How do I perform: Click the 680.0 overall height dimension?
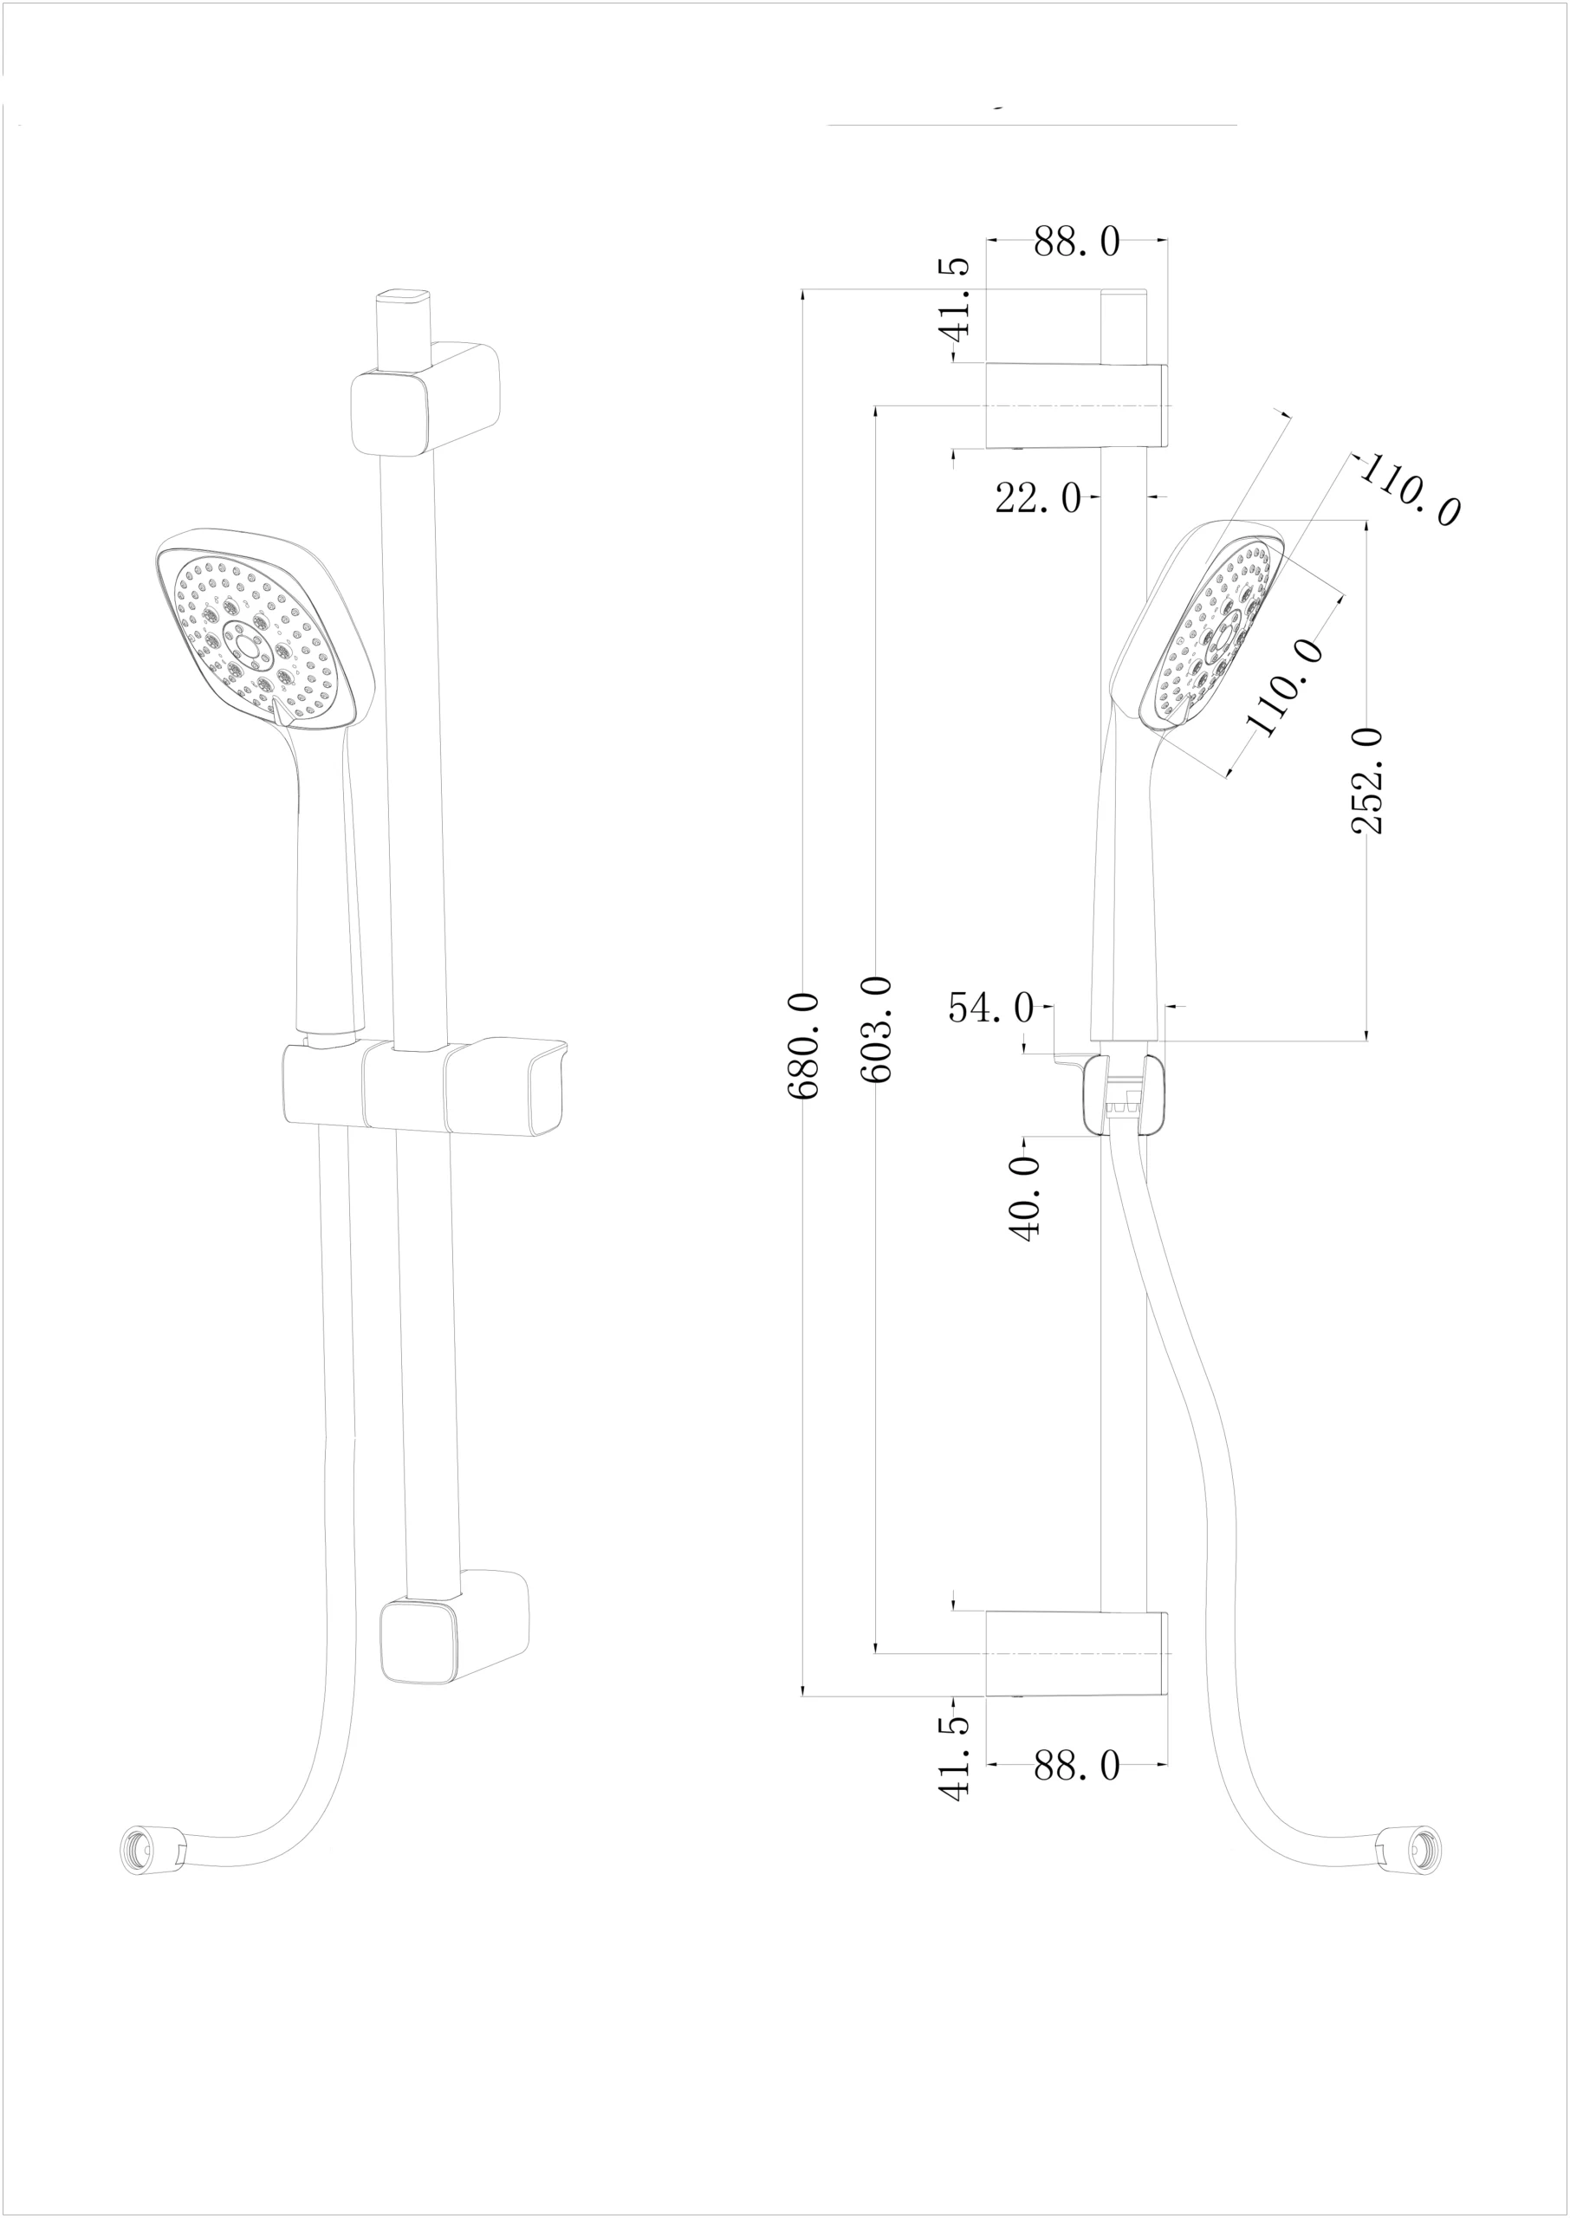[804, 1045]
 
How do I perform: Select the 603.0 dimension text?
[876, 1028]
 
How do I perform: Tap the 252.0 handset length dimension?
[1367, 780]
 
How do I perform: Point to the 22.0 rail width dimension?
[1037, 499]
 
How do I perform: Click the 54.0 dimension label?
[990, 1008]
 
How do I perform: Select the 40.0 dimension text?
[1025, 1198]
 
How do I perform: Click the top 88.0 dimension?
[1076, 242]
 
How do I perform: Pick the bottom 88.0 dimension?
[1076, 1767]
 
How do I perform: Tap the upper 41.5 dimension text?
[955, 298]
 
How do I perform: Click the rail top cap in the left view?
[403, 295]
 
